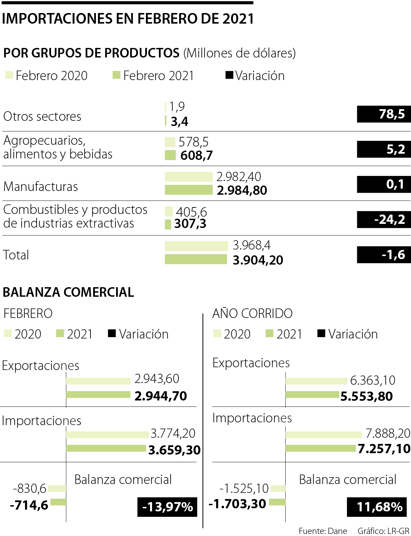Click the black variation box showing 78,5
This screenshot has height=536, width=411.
point(384,114)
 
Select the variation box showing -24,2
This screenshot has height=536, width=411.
point(384,219)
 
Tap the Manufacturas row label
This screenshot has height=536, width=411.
point(40,187)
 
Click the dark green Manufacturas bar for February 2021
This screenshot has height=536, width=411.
point(188,190)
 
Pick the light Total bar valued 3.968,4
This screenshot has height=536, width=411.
point(196,246)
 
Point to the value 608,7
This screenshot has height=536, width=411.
point(196,155)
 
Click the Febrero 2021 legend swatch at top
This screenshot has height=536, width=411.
point(116,75)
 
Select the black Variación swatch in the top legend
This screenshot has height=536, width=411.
point(229,75)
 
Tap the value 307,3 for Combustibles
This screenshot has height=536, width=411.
point(190,224)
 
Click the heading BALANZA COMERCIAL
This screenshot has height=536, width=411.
point(68,292)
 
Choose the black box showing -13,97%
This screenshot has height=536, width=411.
point(167,507)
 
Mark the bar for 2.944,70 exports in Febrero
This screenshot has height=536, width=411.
point(98,395)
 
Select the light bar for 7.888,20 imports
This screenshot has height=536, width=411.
point(323,435)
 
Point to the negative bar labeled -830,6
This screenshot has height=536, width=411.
point(57,488)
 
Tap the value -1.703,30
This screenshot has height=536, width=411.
point(237,503)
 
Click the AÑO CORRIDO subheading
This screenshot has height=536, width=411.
point(252,313)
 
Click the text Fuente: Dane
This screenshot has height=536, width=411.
point(323,531)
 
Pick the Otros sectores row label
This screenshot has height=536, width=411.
point(42,116)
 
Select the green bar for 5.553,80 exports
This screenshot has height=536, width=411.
point(312,395)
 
